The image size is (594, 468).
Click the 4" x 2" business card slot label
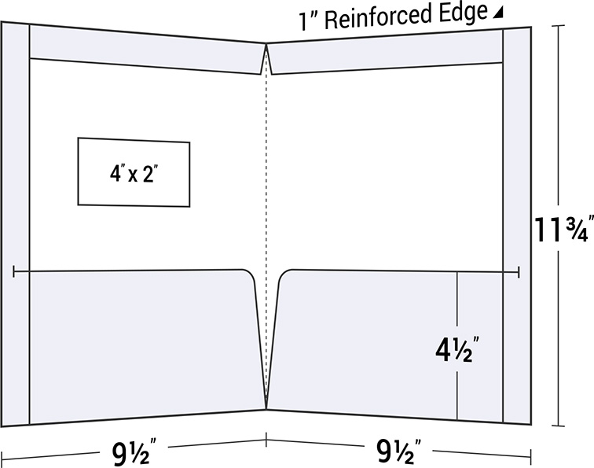134,174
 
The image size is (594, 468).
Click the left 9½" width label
132,454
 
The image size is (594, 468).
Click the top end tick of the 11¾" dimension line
559,26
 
